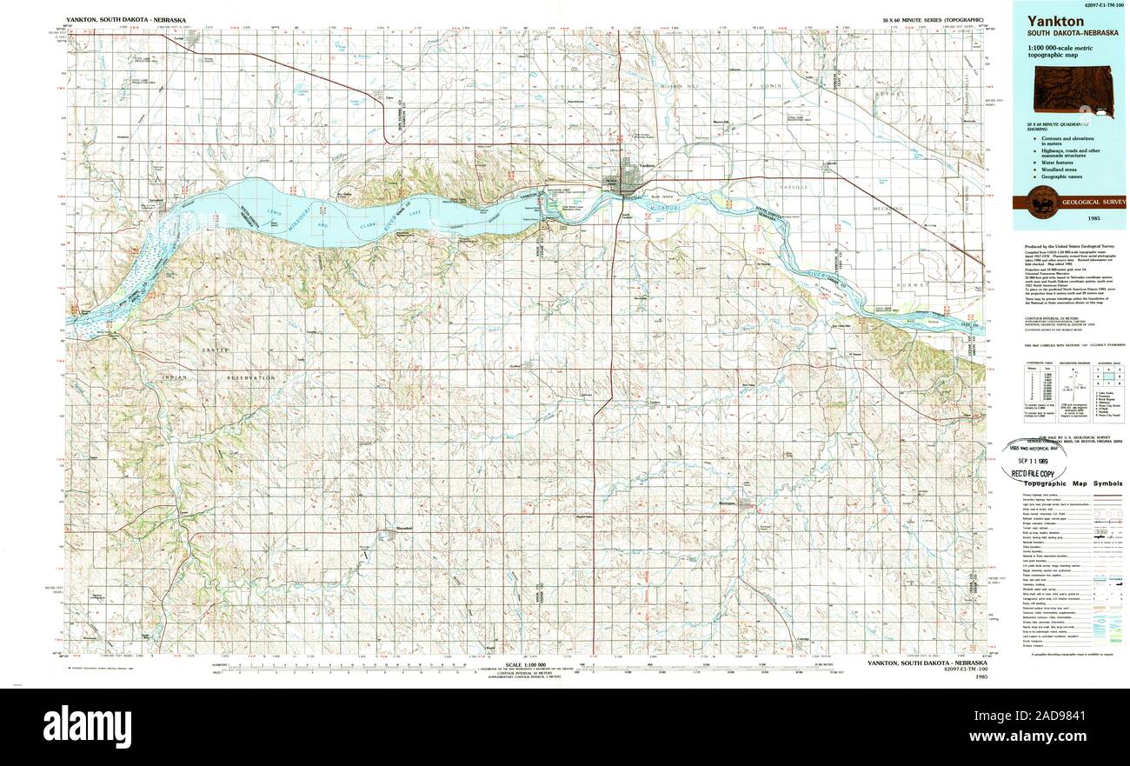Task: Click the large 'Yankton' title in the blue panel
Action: click(x=1055, y=21)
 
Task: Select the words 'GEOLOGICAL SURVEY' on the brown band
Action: click(x=1093, y=202)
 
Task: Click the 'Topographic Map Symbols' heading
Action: click(x=1072, y=483)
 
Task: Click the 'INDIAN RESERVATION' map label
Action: click(x=217, y=378)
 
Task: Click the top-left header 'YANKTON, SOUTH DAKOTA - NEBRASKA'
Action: click(x=125, y=19)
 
